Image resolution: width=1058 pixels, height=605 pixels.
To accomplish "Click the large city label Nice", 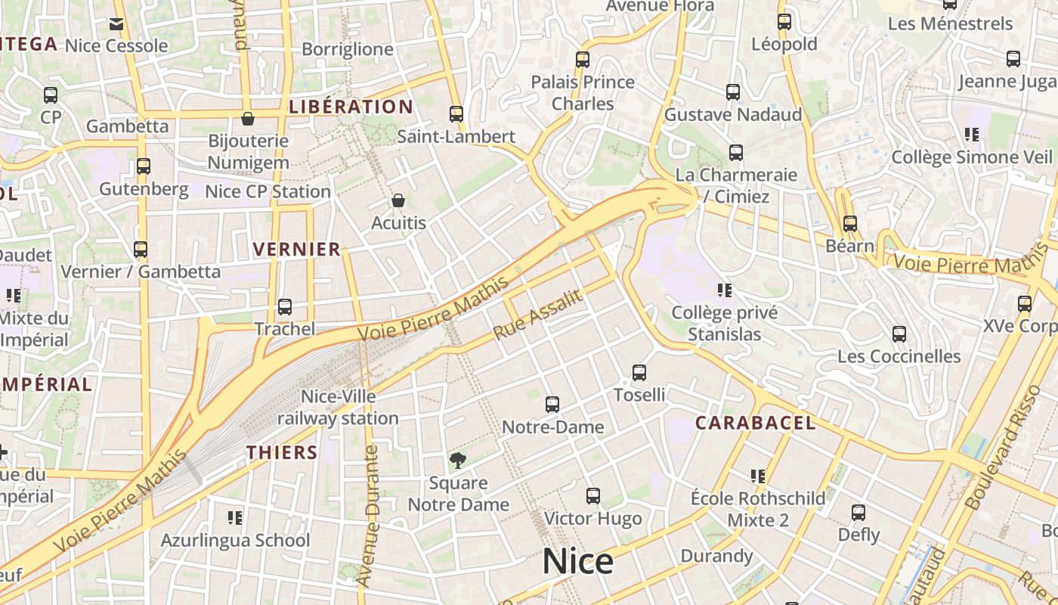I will (x=578, y=562).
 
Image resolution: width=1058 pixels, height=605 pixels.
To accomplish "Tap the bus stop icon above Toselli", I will (x=639, y=372).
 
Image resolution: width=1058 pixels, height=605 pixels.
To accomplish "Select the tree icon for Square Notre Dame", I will (x=457, y=460).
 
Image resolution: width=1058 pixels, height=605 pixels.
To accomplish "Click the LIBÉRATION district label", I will (x=351, y=107).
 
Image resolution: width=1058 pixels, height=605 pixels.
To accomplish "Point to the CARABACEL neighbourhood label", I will (x=755, y=423).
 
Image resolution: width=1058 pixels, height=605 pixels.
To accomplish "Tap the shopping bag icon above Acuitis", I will (x=398, y=200).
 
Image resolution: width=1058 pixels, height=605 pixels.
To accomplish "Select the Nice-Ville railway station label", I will (x=339, y=407).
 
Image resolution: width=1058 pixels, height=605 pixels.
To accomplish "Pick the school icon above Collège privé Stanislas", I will (x=725, y=290).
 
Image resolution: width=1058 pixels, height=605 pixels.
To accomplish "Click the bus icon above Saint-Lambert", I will (x=456, y=114).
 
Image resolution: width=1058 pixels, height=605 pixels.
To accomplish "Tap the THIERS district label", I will (x=282, y=452).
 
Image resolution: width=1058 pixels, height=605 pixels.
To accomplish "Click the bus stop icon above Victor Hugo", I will (x=593, y=496).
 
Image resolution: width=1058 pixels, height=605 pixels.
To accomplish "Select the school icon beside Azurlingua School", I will (x=235, y=518).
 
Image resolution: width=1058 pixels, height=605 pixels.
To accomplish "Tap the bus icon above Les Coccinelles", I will (x=899, y=334).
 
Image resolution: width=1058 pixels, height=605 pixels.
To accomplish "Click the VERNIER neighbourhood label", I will (x=297, y=250).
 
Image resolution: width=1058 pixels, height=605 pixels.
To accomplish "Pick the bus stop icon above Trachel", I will (x=285, y=306).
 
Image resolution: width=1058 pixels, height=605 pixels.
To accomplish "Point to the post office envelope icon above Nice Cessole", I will (x=116, y=24).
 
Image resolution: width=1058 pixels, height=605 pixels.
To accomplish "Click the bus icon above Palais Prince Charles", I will (x=583, y=59).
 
